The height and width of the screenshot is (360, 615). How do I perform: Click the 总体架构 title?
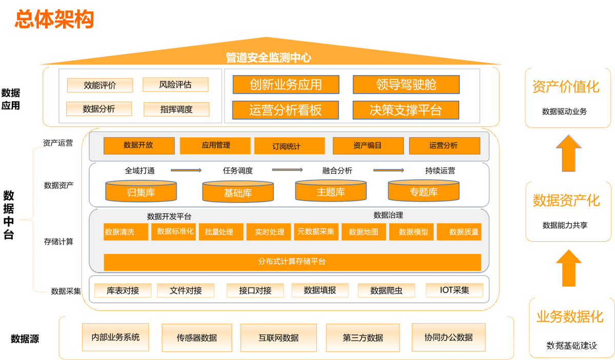pos(54,19)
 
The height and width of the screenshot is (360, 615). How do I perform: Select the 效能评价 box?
pos(99,85)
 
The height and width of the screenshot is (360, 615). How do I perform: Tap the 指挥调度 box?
pos(176,109)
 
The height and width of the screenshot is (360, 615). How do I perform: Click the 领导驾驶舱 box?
pos(406,84)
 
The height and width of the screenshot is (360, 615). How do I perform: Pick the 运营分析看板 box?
pos(285,110)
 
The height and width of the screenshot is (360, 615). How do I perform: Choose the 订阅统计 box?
pos(289,146)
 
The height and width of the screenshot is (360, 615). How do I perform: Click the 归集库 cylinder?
pos(141,192)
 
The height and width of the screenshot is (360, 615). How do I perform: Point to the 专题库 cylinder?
pos(423,192)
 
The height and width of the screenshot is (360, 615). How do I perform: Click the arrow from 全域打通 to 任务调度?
pos(186,170)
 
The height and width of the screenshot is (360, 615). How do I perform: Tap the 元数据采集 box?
pos(316,231)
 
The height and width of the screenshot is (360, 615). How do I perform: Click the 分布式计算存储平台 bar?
pos(292,262)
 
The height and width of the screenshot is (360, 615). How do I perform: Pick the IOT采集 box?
pos(455,290)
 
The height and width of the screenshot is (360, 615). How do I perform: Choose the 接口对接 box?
pos(255,291)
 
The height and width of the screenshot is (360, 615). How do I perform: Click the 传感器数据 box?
pos(197,338)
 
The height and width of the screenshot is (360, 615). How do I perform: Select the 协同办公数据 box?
pos(448,337)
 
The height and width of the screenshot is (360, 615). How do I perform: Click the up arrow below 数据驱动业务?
pos(568,153)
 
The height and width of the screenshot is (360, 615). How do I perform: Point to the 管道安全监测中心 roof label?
pos(269,58)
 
